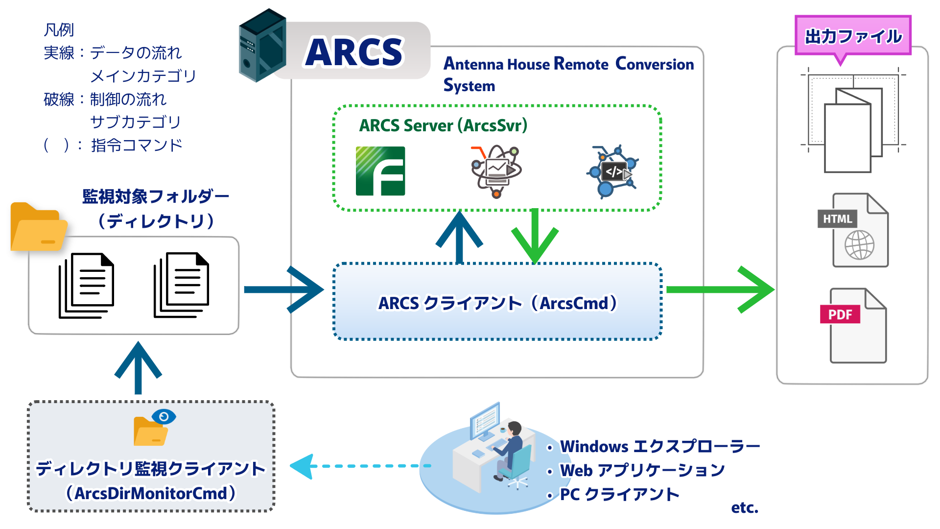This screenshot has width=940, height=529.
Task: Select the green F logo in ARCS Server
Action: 380,171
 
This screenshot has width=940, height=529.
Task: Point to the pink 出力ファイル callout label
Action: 853,36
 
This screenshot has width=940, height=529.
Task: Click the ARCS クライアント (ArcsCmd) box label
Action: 497,303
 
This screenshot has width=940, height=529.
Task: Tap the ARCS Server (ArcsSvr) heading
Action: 443,125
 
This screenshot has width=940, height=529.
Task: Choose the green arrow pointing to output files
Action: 720,289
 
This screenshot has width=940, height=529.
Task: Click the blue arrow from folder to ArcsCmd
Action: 284,289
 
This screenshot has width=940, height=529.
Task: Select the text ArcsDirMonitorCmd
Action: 151,493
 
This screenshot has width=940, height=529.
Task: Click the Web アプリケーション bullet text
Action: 642,470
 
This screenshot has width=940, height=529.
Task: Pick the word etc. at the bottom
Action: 744,507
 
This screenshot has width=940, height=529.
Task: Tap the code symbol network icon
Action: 612,171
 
